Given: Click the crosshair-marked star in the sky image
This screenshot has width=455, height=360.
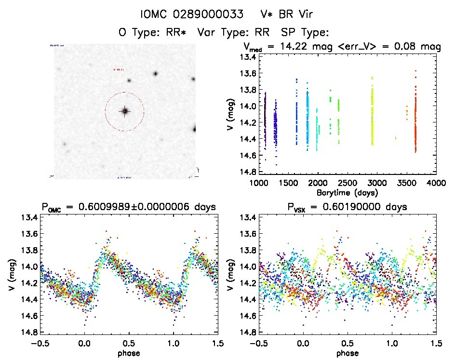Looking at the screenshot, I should click(x=124, y=111).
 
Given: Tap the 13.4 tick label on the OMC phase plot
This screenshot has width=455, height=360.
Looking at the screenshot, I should click(x=27, y=217).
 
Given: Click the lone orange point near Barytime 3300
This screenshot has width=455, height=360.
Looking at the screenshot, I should click(x=396, y=138).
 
